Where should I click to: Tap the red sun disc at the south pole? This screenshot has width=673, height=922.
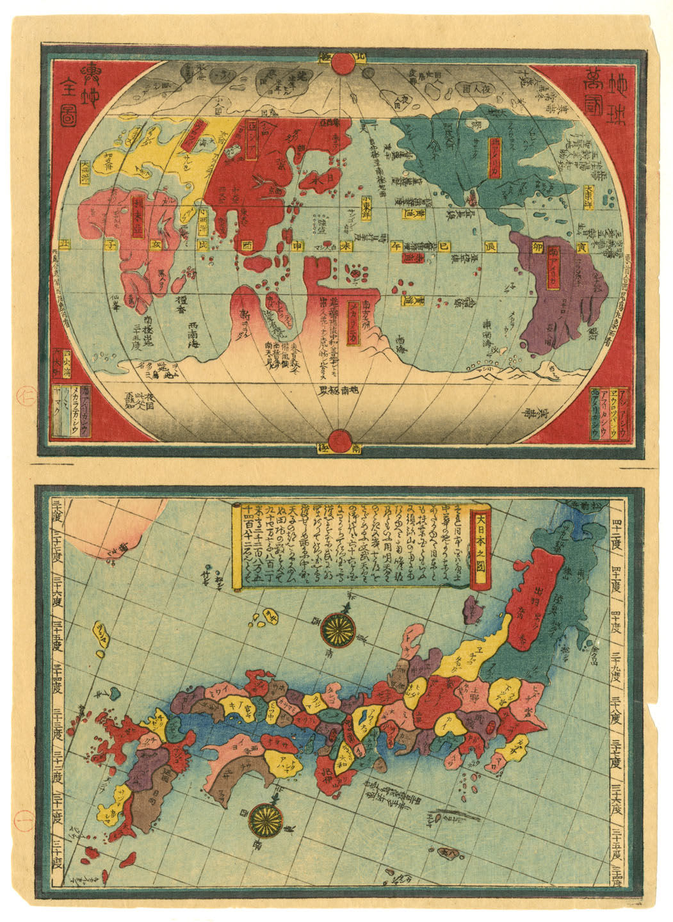(337, 441)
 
